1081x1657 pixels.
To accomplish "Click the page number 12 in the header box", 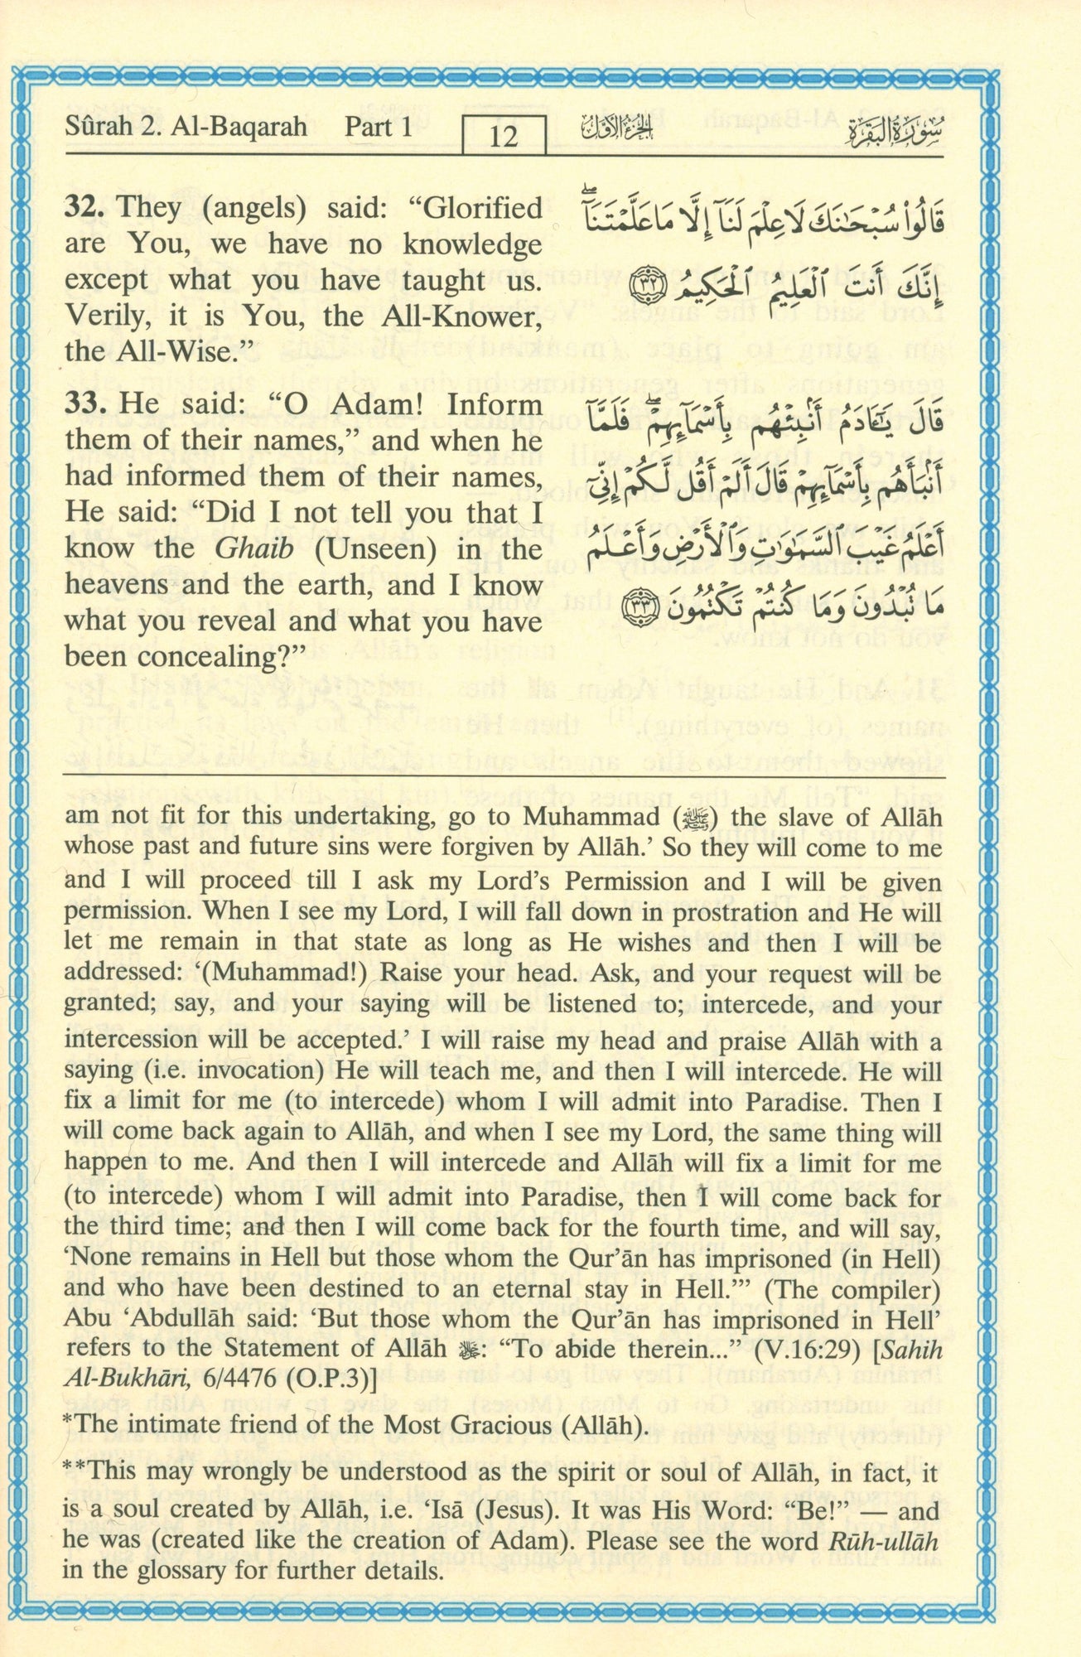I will pos(504,135).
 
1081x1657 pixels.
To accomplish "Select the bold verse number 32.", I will pos(86,207).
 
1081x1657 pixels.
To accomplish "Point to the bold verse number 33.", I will pos(86,405).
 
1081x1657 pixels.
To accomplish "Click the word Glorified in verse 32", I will pos(482,207).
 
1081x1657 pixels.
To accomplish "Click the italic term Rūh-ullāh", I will pos(883,1542).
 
